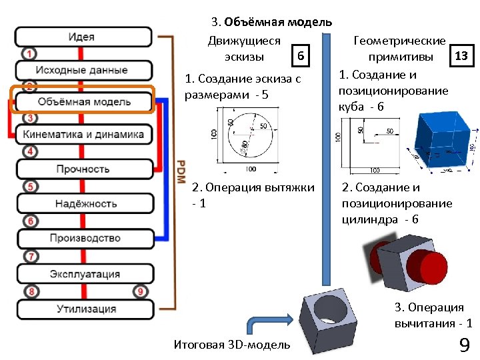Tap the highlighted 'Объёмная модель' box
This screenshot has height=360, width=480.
(x=83, y=102)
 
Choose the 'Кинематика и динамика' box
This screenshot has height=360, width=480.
(x=83, y=135)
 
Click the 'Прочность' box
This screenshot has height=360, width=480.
(x=83, y=169)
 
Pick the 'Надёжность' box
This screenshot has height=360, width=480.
(x=83, y=204)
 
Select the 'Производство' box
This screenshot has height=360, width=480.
(x=83, y=238)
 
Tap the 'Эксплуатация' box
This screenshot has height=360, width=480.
(x=83, y=274)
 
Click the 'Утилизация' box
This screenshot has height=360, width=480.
(x=83, y=309)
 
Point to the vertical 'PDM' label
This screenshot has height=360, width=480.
(x=181, y=177)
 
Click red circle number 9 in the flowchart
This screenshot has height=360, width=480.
(x=139, y=291)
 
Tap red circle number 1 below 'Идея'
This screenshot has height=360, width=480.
(x=28, y=53)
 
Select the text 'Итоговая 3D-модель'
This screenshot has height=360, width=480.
(x=231, y=345)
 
